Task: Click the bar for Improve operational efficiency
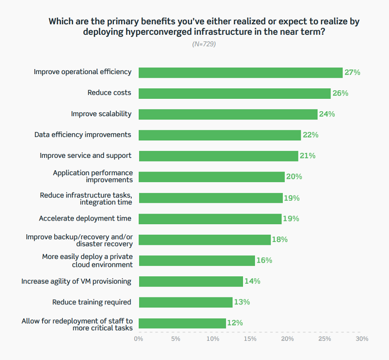[240, 72]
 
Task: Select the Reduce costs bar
[234, 93]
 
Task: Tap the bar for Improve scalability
[228, 114]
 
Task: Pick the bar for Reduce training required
[185, 302]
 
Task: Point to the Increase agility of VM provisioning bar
[190, 281]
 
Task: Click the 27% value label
[352, 72]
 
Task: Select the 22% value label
[310, 135]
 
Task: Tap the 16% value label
[264, 260]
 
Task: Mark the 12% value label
[235, 323]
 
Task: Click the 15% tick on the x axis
[250, 339]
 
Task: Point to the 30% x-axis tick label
[362, 339]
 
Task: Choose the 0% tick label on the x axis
[138, 339]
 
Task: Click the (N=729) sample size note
[204, 44]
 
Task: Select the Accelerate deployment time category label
[85, 218]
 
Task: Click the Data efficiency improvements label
[83, 134]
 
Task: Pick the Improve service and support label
[86, 156]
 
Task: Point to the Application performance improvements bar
[211, 177]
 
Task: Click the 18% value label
[280, 239]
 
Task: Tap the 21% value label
[307, 156]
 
